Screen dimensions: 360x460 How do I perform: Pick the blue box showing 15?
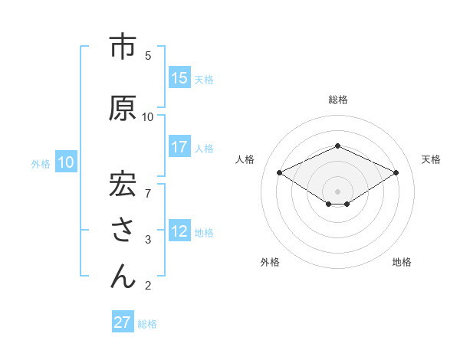[x=179, y=78]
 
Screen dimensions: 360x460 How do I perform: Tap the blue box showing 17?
[x=179, y=147]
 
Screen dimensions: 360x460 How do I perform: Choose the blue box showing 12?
[x=179, y=231]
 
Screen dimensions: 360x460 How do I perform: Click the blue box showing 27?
[x=123, y=322]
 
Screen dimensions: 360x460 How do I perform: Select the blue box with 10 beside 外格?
[x=66, y=162]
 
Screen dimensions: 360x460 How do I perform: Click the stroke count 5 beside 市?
[x=148, y=55]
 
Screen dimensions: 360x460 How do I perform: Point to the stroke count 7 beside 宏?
[x=148, y=186]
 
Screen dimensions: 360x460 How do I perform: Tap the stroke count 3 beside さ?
[x=148, y=240]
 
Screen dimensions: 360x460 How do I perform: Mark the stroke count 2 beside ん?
[x=148, y=286]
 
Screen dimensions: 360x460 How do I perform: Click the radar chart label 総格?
[x=338, y=100]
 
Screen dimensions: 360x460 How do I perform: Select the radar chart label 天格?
[x=431, y=159]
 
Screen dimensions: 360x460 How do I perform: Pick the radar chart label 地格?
[x=402, y=262]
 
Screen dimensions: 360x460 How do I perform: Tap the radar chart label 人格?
[x=245, y=159]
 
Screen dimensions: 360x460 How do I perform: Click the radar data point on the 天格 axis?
[x=396, y=172]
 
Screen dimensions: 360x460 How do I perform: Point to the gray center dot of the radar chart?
[x=337, y=190]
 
